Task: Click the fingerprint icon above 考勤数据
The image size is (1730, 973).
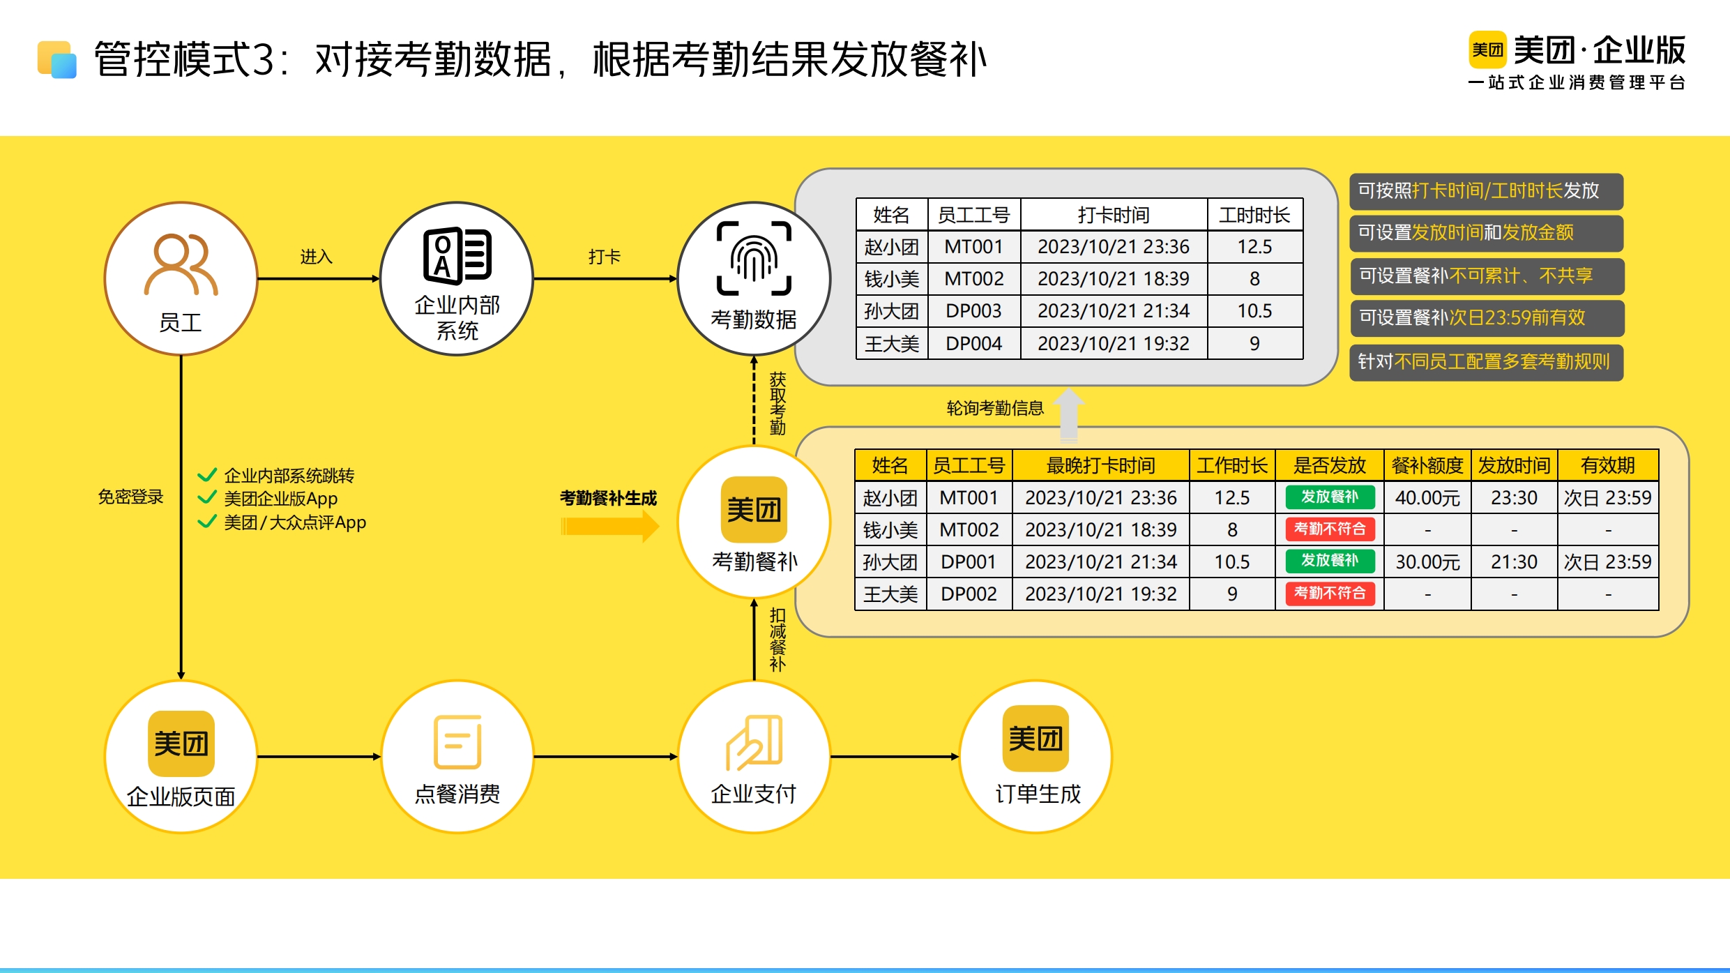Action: point(754,258)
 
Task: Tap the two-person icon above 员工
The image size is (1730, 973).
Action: point(181,264)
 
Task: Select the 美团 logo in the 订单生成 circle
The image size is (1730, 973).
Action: point(1035,738)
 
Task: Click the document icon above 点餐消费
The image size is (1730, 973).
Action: point(457,741)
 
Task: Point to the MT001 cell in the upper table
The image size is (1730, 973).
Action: point(973,247)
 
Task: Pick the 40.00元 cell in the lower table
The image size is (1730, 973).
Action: point(1427,497)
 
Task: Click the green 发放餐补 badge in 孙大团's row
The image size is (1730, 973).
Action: point(1330,561)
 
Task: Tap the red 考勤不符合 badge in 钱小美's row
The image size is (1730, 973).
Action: point(1330,529)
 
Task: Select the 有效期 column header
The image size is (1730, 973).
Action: point(1607,465)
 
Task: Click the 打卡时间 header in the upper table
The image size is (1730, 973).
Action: point(1114,215)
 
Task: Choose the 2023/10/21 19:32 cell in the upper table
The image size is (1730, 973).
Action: point(1114,343)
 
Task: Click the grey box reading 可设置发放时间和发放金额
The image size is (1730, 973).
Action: point(1486,233)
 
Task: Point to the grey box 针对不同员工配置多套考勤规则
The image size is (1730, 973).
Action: point(1486,362)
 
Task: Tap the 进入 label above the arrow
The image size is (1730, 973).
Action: point(316,257)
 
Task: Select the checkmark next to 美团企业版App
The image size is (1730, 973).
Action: point(207,498)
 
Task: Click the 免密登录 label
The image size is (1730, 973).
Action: point(130,497)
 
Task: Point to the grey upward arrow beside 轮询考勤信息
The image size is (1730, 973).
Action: point(1068,414)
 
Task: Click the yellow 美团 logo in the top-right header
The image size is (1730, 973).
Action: point(1487,50)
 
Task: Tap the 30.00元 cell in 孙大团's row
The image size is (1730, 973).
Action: point(1427,561)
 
